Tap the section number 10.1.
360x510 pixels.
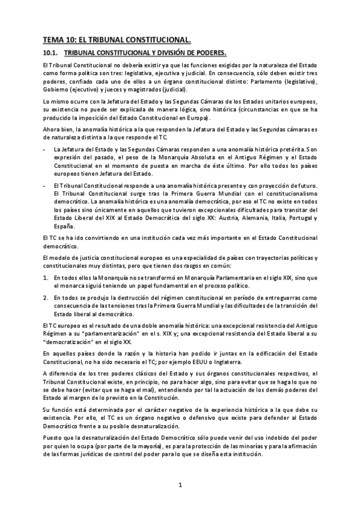pos(50,54)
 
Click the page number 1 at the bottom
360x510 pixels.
pos(180,484)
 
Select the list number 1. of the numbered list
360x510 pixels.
pos(46,278)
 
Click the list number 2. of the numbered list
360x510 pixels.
pos(46,298)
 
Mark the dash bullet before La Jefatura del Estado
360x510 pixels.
pos(45,148)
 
